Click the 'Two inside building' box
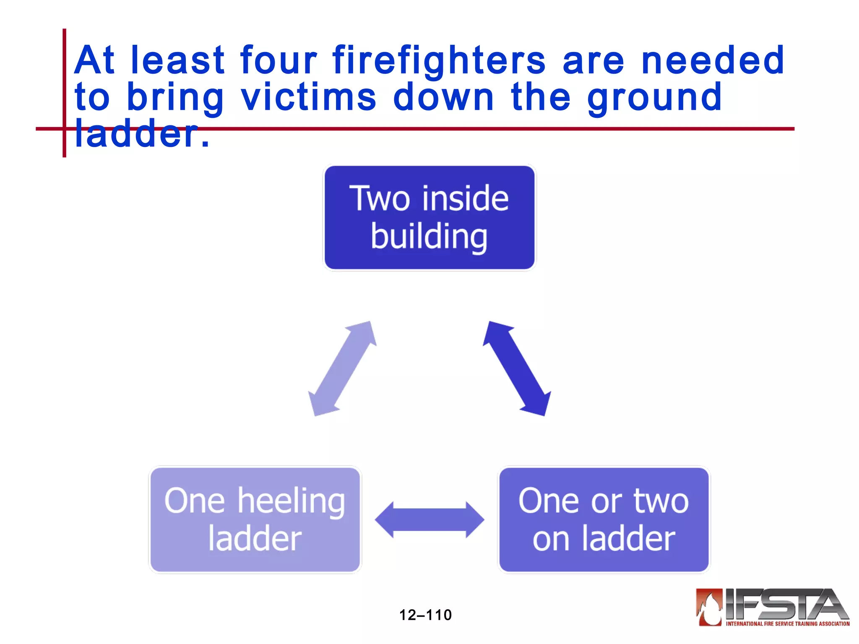(x=429, y=218)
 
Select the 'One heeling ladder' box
(x=255, y=519)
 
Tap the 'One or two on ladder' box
(x=604, y=519)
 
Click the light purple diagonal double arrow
(x=342, y=369)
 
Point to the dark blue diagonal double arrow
(x=517, y=369)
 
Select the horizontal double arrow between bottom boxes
(x=429, y=519)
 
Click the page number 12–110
(x=425, y=615)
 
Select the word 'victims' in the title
(x=309, y=97)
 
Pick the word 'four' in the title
(x=279, y=61)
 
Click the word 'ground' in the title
(x=654, y=97)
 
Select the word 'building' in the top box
(x=429, y=237)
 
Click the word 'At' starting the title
(x=94, y=61)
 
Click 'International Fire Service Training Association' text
(x=787, y=624)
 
